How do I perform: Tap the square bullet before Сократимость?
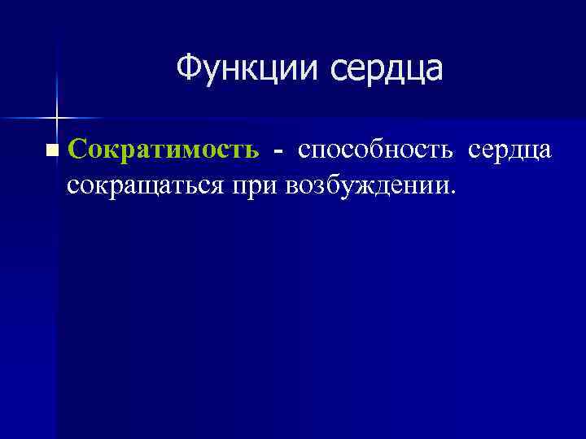[x=53, y=150]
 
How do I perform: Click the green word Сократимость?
[x=164, y=150]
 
